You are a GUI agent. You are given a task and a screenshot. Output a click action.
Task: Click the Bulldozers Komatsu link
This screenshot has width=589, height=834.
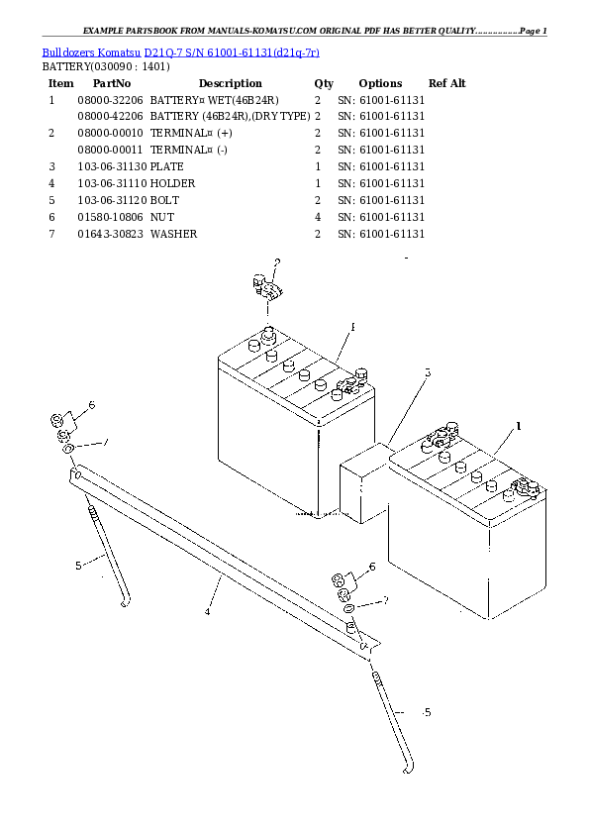tap(91, 51)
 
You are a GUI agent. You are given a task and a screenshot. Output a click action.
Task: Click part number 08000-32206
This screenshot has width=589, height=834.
tap(110, 101)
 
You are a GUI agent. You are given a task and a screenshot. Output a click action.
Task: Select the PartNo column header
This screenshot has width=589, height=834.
tap(112, 83)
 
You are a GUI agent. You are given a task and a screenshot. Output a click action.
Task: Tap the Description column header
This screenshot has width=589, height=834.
tap(230, 83)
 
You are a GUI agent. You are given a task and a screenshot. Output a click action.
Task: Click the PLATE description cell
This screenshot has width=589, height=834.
tap(167, 166)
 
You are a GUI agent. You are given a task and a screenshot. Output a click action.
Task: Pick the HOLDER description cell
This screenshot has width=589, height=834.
tap(173, 183)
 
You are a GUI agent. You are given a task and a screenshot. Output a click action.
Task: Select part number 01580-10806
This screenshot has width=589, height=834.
tap(110, 217)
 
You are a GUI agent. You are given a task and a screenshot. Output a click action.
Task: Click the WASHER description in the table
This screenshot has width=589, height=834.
tap(174, 234)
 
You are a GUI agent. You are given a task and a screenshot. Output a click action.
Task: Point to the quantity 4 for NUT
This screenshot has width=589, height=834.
tap(317, 217)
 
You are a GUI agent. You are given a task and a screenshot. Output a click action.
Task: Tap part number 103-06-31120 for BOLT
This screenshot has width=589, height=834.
tap(110, 200)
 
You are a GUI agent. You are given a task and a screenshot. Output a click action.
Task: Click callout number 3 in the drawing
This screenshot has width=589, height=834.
tap(428, 373)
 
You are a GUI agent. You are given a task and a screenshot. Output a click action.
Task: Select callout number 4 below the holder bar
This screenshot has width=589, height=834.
tap(208, 612)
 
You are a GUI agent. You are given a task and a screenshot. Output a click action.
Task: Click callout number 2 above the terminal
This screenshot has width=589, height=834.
tap(277, 262)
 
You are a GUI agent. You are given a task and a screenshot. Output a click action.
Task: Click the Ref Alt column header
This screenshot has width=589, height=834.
tap(446, 83)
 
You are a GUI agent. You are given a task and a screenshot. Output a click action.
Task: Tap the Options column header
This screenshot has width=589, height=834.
tap(380, 83)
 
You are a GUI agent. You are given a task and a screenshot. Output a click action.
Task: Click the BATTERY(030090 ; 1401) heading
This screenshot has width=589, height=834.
tap(105, 66)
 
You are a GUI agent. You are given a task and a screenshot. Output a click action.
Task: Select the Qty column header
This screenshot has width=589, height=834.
tap(324, 83)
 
